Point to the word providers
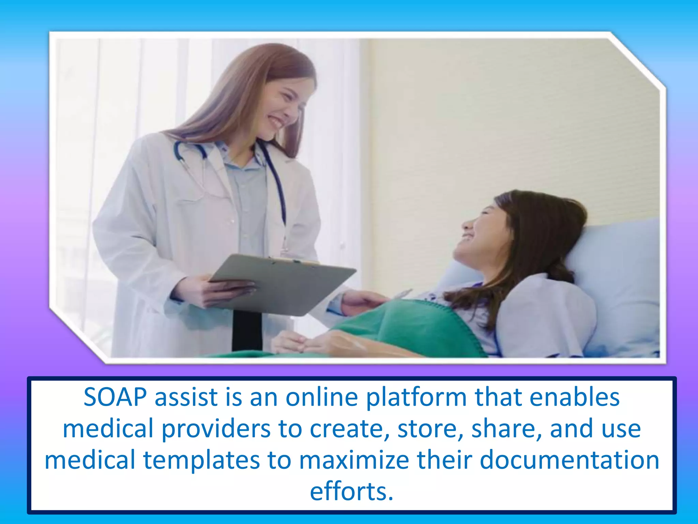216,429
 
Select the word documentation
569,460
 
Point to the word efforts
351,491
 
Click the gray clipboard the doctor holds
283,283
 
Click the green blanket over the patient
409,327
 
